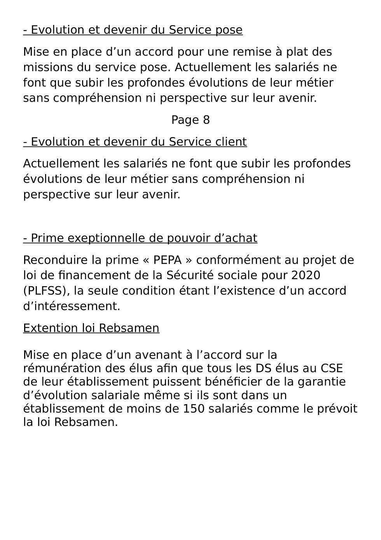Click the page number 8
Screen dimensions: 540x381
(206, 120)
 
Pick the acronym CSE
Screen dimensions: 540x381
(332, 368)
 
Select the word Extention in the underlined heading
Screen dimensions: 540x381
(51, 328)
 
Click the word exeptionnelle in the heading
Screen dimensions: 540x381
(105, 238)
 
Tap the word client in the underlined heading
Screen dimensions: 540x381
(231, 142)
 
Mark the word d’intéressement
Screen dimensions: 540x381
(72, 306)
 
